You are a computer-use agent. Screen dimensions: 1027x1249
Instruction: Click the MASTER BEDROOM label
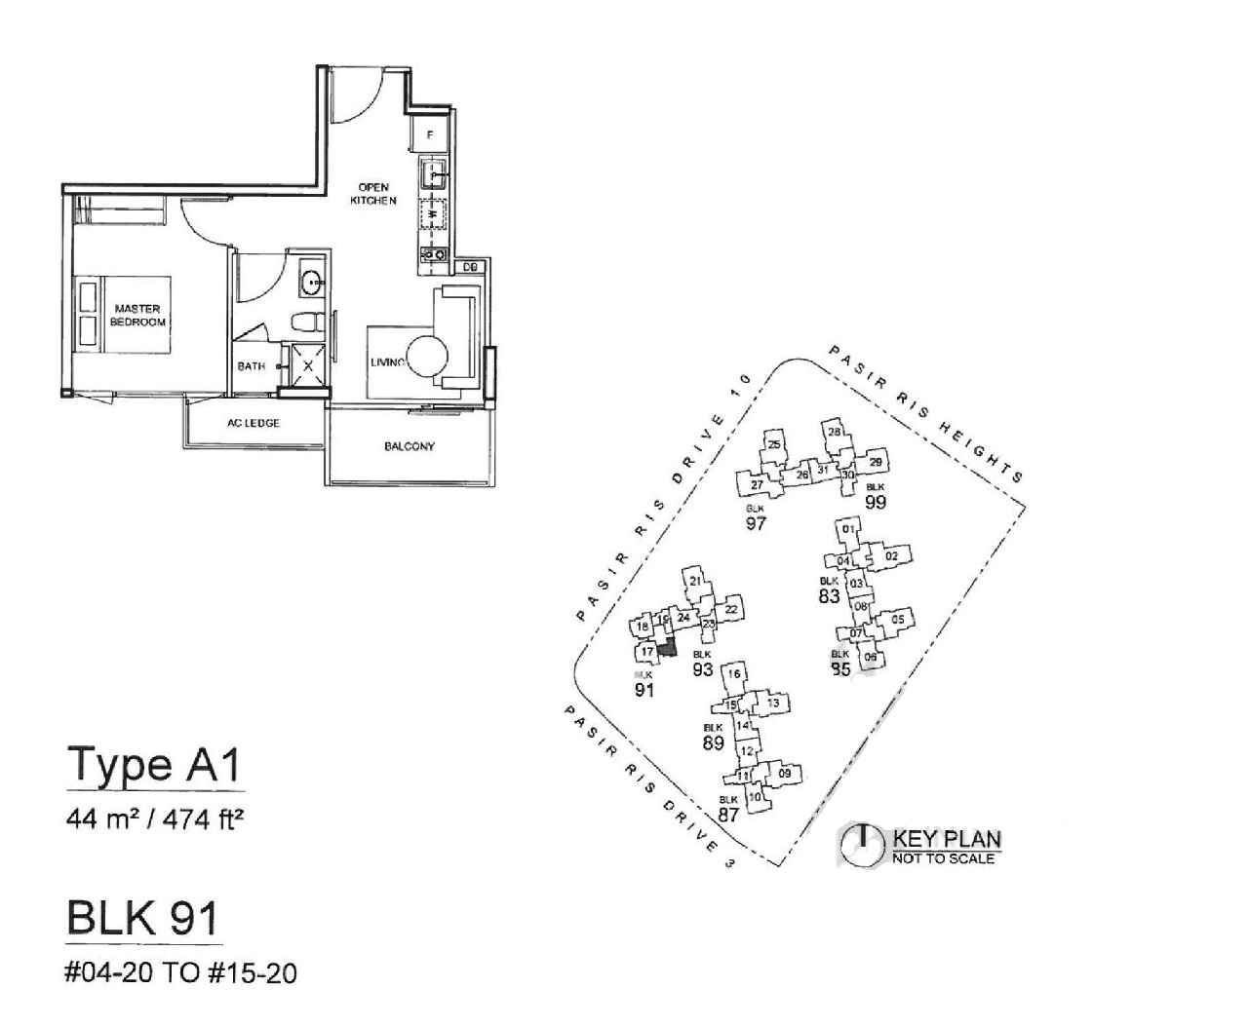click(137, 316)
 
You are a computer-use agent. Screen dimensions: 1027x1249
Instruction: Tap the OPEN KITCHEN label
click(374, 194)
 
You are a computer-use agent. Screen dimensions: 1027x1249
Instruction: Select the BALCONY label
click(410, 447)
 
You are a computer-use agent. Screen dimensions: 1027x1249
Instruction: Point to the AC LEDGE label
click(254, 424)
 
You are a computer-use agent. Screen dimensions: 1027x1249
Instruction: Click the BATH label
click(252, 367)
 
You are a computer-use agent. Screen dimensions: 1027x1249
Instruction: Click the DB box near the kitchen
click(469, 267)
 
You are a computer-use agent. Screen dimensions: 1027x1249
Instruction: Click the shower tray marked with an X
click(309, 366)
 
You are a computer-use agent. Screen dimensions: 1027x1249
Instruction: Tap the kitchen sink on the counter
click(433, 175)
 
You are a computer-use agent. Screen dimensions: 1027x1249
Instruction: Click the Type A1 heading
click(153, 766)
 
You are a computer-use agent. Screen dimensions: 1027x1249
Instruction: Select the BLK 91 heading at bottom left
click(143, 919)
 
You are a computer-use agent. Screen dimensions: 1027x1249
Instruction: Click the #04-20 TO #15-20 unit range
click(181, 972)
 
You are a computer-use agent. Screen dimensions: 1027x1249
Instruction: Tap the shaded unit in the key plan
click(667, 647)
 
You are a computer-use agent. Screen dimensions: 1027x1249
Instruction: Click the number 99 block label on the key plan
click(875, 502)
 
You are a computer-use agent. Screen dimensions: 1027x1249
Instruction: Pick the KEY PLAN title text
click(947, 839)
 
